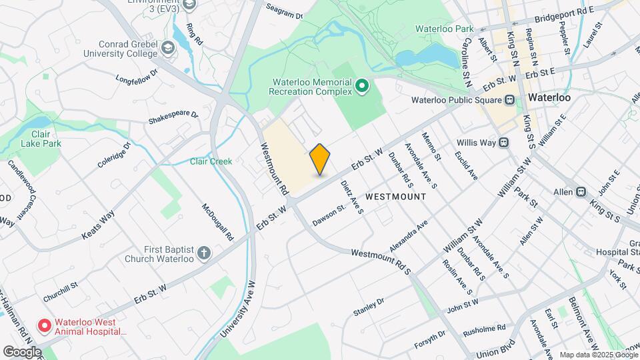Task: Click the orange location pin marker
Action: (320, 159)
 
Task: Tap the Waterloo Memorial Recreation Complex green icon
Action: (362, 86)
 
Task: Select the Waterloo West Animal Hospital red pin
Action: (45, 325)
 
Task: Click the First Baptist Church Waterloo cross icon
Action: (205, 253)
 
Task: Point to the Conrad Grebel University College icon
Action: (167, 47)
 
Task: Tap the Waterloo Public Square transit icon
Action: (509, 100)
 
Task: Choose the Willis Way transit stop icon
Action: (504, 142)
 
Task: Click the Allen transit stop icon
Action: (581, 192)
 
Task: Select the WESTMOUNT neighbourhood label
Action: (396, 197)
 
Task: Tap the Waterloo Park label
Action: (444, 29)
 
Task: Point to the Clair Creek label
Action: (211, 161)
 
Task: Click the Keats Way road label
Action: (98, 225)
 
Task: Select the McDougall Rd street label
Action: (218, 222)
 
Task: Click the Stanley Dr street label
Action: (369, 306)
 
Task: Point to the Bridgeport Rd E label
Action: (563, 13)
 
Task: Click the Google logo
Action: (22, 351)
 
